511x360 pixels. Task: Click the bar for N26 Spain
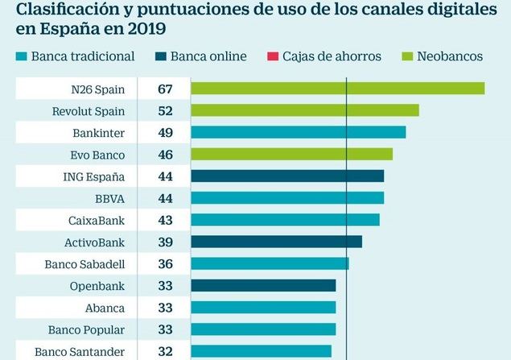(x=337, y=88)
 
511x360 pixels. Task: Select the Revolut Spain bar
(x=304, y=110)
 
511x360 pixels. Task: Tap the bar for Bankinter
(x=298, y=132)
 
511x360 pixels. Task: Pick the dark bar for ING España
(x=286, y=176)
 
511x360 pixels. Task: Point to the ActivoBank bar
(x=276, y=242)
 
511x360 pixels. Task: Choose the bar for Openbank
(x=262, y=285)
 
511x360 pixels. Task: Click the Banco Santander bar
(x=261, y=350)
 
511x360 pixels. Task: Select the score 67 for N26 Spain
(x=166, y=88)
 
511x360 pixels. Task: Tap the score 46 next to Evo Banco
(x=166, y=154)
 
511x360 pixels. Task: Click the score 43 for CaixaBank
(x=166, y=220)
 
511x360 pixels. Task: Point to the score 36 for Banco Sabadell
(x=166, y=263)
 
